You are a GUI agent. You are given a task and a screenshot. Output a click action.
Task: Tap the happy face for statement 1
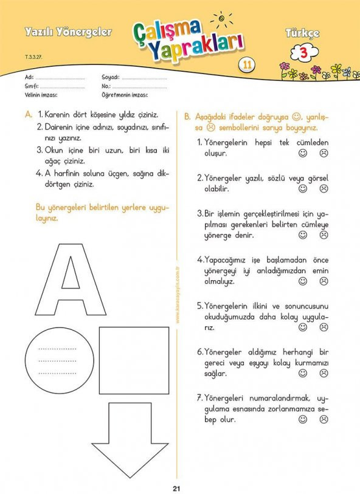[x=303, y=153]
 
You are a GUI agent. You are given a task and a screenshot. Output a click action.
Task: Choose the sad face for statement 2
[x=324, y=189]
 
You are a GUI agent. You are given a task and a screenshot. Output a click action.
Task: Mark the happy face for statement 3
[x=303, y=235]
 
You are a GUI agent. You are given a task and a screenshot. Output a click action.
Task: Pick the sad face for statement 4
[x=324, y=281]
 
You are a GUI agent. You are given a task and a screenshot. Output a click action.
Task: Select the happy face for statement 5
[x=303, y=328]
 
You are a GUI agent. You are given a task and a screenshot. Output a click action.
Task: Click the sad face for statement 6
[x=324, y=373]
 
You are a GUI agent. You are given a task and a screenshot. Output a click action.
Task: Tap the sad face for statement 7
[x=324, y=419]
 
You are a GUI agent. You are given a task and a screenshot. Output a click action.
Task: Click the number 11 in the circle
[x=247, y=64]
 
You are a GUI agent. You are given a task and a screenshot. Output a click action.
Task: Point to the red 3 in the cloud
[x=303, y=53]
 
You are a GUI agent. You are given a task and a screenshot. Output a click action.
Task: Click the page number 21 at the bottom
[x=176, y=489]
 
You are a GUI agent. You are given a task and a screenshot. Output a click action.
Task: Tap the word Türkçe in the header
[x=302, y=33]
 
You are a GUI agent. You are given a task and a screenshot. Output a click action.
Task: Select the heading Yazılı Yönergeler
[x=68, y=32]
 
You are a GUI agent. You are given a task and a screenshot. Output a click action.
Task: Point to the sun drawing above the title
[x=221, y=19]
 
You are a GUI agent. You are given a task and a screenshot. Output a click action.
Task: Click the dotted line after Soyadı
[x=144, y=79]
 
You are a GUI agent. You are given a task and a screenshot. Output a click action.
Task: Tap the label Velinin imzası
[x=41, y=95]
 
